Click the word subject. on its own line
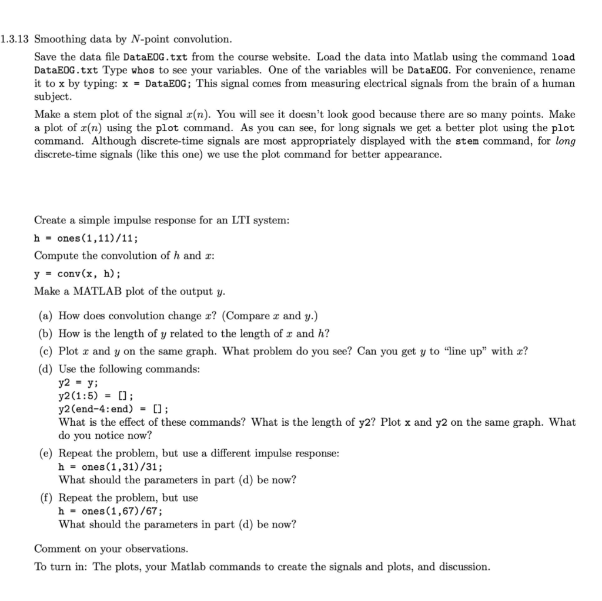[53, 96]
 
